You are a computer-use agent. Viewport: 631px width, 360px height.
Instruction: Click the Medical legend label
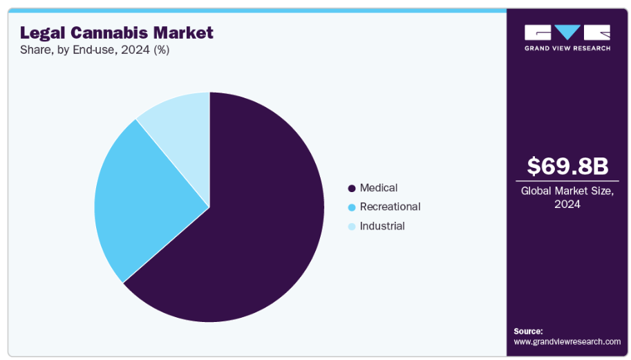point(379,188)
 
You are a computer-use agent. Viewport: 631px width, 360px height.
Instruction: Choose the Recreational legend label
point(390,207)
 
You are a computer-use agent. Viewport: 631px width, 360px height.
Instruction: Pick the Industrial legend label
point(382,226)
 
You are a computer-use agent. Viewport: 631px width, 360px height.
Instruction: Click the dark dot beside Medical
point(352,188)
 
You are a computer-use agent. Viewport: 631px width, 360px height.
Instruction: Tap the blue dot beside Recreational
point(352,207)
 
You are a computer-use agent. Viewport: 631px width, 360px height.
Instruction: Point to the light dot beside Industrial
point(352,227)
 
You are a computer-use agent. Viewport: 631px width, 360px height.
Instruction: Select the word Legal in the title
point(41,32)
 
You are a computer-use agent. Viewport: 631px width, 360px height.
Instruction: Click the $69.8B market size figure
point(567,167)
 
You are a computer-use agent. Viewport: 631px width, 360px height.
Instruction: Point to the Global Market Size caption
point(567,191)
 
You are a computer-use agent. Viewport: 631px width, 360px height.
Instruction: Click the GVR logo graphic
point(567,32)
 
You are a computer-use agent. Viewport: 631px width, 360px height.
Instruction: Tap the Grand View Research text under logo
point(567,48)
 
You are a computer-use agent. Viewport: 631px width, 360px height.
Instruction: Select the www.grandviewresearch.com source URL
point(567,341)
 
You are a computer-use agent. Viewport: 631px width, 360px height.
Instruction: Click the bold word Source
point(528,331)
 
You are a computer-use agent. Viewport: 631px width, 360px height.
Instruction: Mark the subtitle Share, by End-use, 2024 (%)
point(95,50)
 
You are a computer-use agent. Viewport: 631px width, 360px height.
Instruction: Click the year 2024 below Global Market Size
point(567,204)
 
